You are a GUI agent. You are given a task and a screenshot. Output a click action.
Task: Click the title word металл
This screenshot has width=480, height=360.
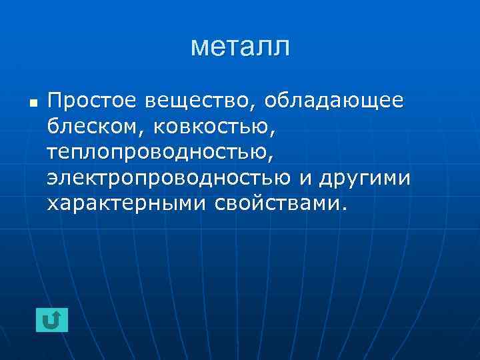(x=240, y=47)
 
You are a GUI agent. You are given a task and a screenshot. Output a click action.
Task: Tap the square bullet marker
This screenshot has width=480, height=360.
(x=33, y=104)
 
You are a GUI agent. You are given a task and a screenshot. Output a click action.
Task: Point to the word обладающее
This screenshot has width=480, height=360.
(x=334, y=101)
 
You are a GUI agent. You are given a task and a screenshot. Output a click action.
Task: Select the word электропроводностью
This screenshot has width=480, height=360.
(x=169, y=177)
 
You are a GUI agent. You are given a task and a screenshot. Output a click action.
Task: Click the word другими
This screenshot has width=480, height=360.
(x=365, y=177)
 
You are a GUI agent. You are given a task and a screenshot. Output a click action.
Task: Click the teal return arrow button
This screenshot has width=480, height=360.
(x=52, y=320)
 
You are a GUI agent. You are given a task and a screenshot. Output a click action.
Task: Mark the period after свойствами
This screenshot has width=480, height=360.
(x=344, y=207)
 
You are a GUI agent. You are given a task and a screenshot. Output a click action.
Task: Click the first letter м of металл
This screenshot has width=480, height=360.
(x=198, y=48)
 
